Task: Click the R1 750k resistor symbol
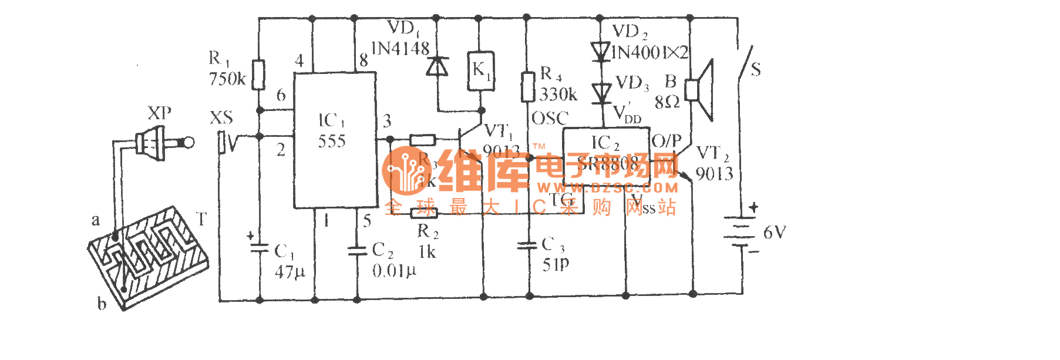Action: click(x=258, y=75)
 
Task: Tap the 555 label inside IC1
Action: click(x=332, y=142)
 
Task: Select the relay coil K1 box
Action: click(x=481, y=71)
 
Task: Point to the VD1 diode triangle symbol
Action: click(x=436, y=66)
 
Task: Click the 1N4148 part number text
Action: click(x=401, y=49)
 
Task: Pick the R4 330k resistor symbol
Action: click(x=528, y=87)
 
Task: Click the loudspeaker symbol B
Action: click(x=701, y=90)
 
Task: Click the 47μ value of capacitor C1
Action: click(x=290, y=272)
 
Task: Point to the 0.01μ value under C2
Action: click(x=393, y=271)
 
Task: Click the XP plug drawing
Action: click(x=159, y=143)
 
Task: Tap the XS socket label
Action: click(x=221, y=118)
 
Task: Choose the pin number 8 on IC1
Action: click(x=364, y=60)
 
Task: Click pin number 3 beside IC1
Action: click(x=387, y=121)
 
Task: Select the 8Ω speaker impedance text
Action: click(x=667, y=103)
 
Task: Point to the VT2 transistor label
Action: click(x=713, y=154)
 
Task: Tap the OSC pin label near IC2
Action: click(x=550, y=119)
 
